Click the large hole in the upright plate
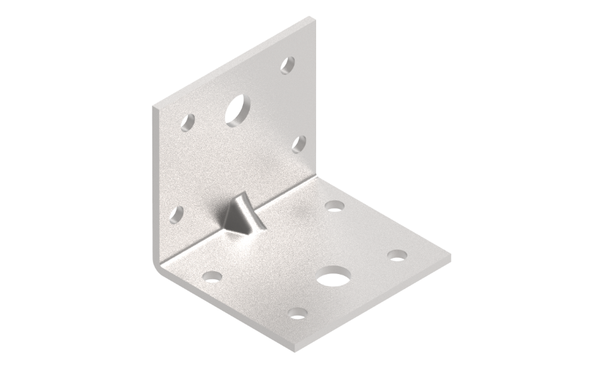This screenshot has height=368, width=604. pyautogui.click(x=235, y=109)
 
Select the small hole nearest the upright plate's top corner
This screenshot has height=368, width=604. pyautogui.click(x=288, y=66)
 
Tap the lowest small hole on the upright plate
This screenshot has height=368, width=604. pyautogui.click(x=177, y=214)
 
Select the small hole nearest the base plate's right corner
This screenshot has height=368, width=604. pyautogui.click(x=397, y=255)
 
